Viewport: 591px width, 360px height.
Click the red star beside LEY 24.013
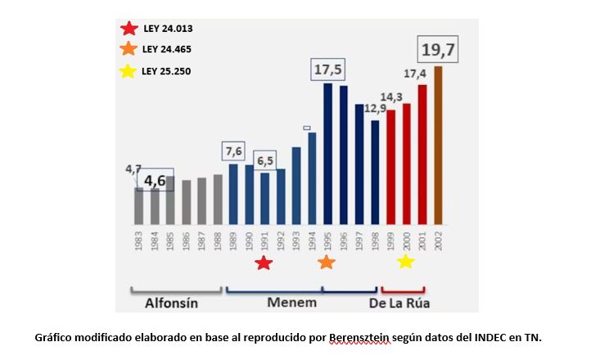point(129,29)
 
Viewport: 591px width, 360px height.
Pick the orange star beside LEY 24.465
point(129,49)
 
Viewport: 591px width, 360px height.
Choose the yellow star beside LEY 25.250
point(129,71)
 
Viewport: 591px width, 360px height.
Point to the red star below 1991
point(264,263)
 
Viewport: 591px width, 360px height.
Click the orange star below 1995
point(326,263)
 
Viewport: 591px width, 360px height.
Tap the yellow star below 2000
point(405,262)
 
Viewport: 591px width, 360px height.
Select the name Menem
point(291,302)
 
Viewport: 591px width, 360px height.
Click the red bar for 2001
point(422,155)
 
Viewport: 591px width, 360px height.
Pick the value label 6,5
point(264,161)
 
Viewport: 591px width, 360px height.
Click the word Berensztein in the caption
point(359,336)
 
